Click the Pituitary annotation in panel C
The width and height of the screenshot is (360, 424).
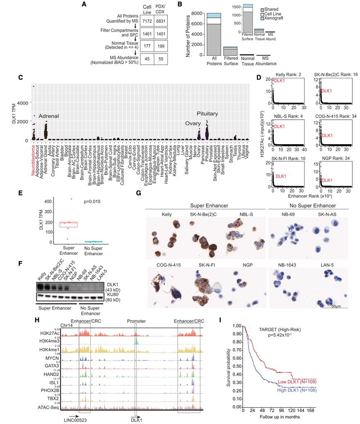207,114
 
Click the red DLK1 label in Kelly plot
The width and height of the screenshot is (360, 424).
279,81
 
